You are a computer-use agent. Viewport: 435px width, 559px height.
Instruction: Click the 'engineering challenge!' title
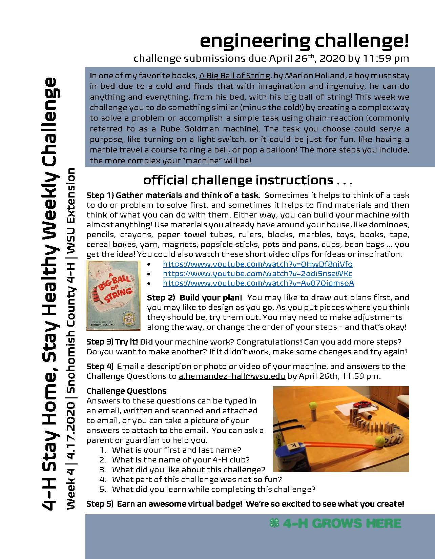(304, 41)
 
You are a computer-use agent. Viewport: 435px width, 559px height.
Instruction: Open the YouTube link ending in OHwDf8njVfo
(257, 264)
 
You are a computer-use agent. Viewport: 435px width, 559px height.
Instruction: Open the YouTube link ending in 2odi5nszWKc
(257, 273)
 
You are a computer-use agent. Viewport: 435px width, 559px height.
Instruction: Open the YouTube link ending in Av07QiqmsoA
(258, 283)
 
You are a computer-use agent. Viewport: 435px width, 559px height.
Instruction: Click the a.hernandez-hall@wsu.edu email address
(232, 376)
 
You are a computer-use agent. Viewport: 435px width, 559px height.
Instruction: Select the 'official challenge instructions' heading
(248, 180)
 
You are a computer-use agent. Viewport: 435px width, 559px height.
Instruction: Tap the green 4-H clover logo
(274, 523)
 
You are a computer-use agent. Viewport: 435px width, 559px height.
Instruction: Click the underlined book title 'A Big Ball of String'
(234, 76)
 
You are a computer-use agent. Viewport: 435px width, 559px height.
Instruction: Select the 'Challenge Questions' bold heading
(126, 391)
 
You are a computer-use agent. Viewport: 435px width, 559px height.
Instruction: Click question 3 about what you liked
(188, 470)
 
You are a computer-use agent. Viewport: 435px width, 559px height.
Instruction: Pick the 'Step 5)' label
(100, 504)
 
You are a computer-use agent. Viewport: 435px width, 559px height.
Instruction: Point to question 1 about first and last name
(176, 450)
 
